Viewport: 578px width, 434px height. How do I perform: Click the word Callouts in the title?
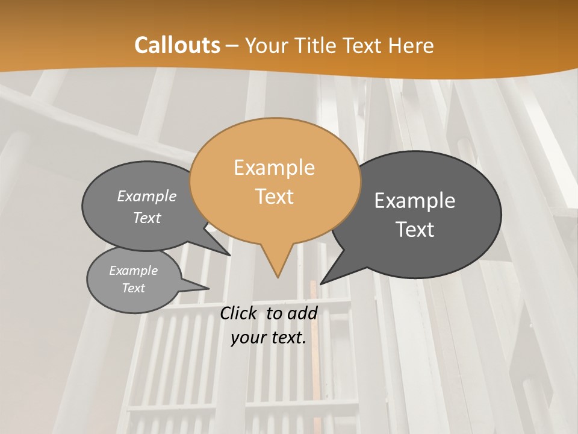tap(177, 45)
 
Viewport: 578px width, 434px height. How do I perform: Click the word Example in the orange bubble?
tap(274, 168)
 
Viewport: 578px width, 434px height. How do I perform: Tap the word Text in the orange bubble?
tap(275, 197)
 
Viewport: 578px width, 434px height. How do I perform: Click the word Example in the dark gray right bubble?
tap(415, 201)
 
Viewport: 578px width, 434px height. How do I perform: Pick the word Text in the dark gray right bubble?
tap(415, 230)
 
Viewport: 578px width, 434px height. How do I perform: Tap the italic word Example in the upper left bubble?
tap(147, 196)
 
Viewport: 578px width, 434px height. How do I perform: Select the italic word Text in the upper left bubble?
tap(147, 218)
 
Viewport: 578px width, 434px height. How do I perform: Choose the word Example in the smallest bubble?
tap(133, 271)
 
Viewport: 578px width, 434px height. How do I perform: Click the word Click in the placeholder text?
tap(238, 313)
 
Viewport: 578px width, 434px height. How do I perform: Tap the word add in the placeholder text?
tap(303, 313)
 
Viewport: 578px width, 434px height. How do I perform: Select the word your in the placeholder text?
tap(248, 338)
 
